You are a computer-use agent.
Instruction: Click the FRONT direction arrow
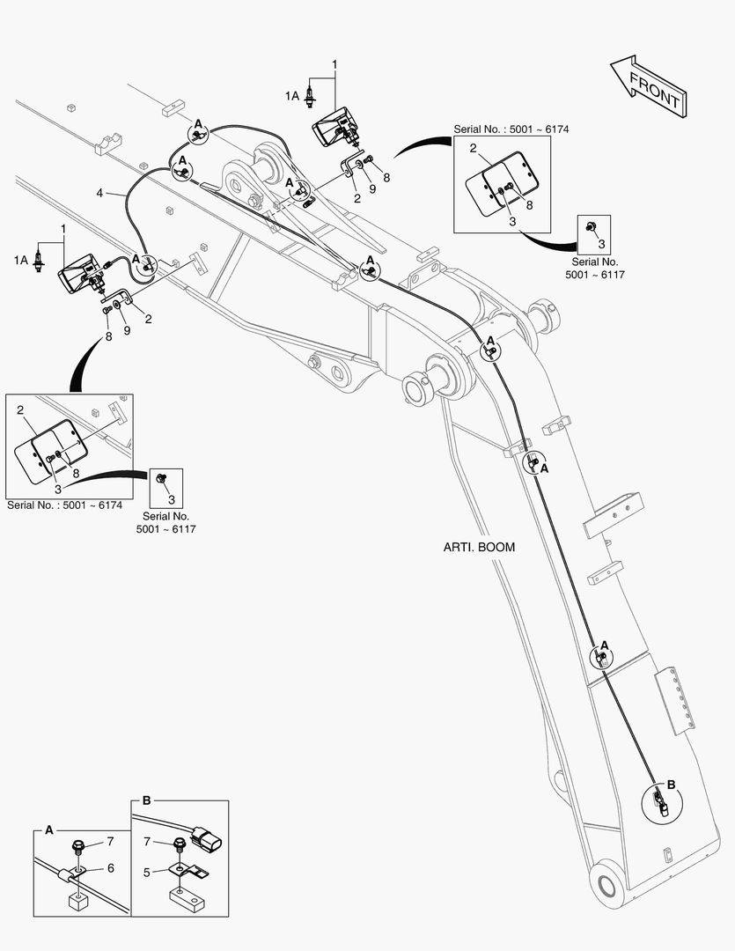click(649, 86)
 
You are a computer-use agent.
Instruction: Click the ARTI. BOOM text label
click(479, 547)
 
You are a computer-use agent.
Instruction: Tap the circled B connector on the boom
click(660, 803)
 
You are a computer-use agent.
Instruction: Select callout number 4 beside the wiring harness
click(99, 193)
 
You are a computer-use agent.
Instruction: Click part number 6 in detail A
click(110, 868)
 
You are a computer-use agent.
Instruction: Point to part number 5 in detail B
click(147, 872)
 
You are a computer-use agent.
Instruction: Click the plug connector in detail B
click(206, 841)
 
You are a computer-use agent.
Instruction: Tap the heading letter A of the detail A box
click(49, 829)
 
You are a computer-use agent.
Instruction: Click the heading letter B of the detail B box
click(146, 800)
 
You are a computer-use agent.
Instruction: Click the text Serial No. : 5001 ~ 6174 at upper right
click(511, 129)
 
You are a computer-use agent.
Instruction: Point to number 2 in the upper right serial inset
click(473, 147)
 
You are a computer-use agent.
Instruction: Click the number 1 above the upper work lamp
click(334, 64)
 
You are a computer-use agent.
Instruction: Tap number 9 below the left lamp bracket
click(127, 330)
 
